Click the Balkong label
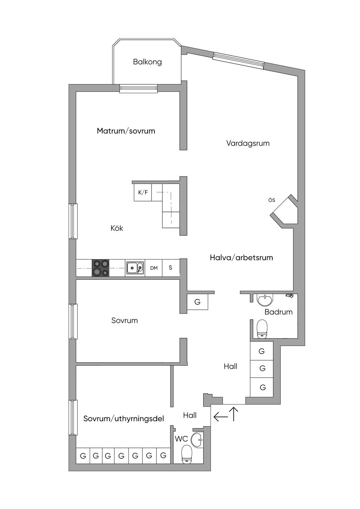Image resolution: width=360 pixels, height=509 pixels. click(147, 62)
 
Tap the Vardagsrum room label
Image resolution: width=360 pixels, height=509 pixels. click(248, 143)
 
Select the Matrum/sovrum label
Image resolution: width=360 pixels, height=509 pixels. click(126, 131)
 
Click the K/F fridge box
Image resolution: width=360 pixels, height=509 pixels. click(143, 192)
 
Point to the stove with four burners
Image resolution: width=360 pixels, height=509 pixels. click(101, 268)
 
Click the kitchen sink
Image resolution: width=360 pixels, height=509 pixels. click(135, 268)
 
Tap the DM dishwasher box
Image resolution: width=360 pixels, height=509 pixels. click(154, 268)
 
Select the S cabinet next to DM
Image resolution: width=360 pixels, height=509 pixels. click(171, 268)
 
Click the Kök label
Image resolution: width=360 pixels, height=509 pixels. click(117, 228)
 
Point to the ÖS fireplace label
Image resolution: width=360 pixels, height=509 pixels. click(271, 200)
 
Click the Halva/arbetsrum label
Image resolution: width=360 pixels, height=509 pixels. click(241, 258)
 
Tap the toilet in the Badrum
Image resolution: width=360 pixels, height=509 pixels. click(262, 329)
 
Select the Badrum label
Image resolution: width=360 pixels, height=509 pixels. click(278, 312)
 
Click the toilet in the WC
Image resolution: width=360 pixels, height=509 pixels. click(186, 454)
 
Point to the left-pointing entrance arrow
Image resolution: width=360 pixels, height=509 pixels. click(220, 417)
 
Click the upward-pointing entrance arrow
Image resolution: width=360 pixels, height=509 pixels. click(234, 414)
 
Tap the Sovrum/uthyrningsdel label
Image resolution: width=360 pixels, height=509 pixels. click(123, 419)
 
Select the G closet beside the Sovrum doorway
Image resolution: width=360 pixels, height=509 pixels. click(197, 302)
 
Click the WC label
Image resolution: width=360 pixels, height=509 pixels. click(181, 439)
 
